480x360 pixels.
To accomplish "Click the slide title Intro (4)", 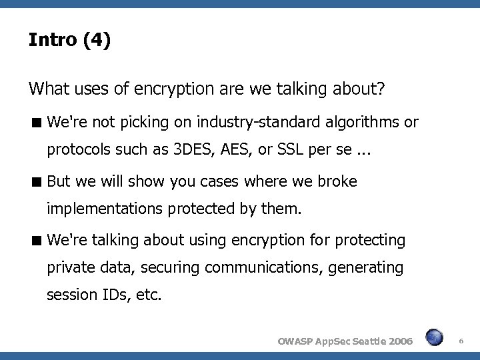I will pyautogui.click(x=69, y=41).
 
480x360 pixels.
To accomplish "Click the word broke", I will pyautogui.click(x=338, y=181).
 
